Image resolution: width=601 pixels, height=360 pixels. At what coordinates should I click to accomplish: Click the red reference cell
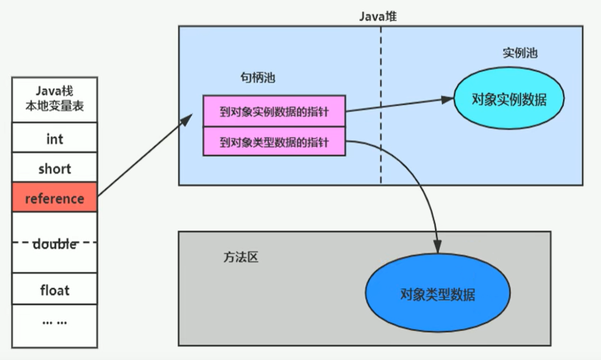point(55,198)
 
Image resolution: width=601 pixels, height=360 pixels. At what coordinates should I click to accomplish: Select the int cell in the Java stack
point(55,139)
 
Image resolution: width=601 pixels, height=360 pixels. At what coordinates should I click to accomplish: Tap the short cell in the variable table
point(55,169)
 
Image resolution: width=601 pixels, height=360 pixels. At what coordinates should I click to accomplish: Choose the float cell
point(55,290)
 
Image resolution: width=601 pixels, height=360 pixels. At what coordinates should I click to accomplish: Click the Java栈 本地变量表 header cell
point(55,100)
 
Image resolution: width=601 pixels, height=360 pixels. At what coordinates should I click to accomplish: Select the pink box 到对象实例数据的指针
point(273,111)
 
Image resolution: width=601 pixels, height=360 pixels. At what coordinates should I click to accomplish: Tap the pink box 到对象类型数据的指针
point(273,142)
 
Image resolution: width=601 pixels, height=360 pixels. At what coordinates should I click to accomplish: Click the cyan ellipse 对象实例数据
point(509,100)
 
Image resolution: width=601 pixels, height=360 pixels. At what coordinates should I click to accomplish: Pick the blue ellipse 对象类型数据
point(438,294)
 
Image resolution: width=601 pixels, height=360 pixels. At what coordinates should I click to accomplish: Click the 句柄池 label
point(258,77)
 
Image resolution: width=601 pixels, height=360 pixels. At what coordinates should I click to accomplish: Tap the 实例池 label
point(520,53)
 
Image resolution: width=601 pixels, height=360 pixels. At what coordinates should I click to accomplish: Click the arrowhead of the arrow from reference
point(188,118)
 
